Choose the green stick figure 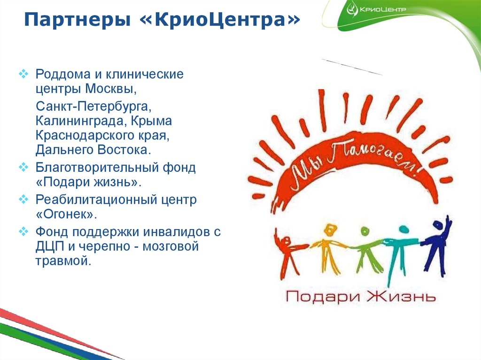point(364,249)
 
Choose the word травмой point(62,261)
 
